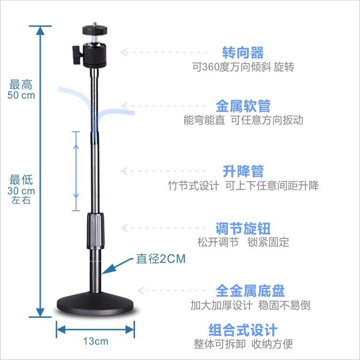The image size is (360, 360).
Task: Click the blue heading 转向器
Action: click(x=243, y=53)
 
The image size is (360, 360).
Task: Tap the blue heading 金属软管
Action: click(x=243, y=106)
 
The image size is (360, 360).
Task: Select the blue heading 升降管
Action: click(x=243, y=171)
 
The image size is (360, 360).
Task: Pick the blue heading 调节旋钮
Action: click(x=243, y=228)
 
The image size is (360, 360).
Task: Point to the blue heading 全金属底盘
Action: click(x=250, y=291)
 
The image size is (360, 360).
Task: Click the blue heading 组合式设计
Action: click(x=243, y=330)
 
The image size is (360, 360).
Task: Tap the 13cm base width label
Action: click(x=96, y=341)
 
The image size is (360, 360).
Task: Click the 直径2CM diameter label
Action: click(x=161, y=259)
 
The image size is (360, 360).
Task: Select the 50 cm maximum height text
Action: click(x=21, y=95)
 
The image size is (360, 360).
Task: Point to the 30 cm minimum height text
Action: click(x=21, y=191)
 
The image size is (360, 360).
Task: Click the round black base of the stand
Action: click(x=95, y=303)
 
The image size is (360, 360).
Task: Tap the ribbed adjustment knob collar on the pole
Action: click(x=95, y=231)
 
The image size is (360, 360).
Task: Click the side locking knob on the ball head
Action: click(x=77, y=55)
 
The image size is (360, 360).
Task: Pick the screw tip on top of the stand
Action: click(x=95, y=24)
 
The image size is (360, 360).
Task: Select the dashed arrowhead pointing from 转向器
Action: click(x=124, y=52)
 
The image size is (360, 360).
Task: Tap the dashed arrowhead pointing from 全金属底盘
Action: click(x=141, y=291)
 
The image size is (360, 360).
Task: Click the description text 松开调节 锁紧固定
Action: click(x=243, y=242)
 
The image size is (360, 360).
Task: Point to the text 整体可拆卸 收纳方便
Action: click(x=243, y=344)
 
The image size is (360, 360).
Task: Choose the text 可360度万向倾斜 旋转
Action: click(x=243, y=67)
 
